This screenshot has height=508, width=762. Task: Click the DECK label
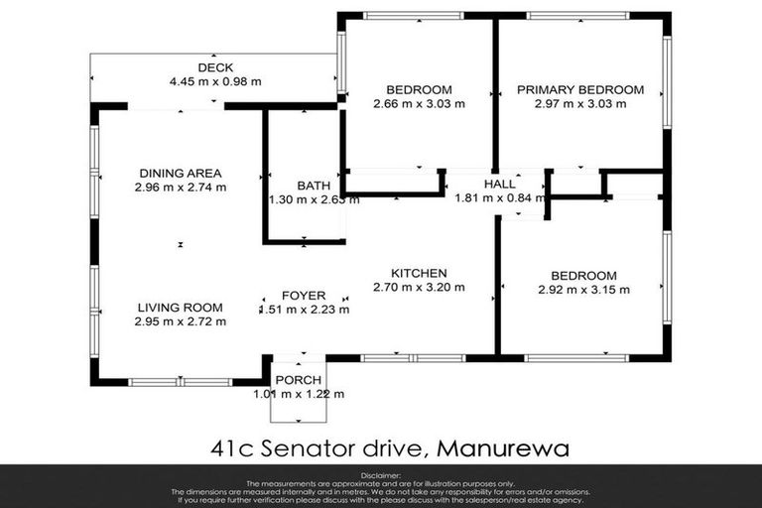click(x=215, y=67)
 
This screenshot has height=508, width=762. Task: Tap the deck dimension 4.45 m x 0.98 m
click(x=215, y=81)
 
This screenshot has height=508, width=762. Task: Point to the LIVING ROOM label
click(x=181, y=308)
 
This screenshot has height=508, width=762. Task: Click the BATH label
click(x=314, y=186)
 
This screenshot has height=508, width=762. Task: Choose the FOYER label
click(x=304, y=295)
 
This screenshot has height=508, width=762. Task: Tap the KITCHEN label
click(x=419, y=274)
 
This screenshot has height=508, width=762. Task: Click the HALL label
click(x=499, y=185)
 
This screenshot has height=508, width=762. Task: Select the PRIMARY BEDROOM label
click(x=580, y=89)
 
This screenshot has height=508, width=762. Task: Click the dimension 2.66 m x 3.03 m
click(x=419, y=103)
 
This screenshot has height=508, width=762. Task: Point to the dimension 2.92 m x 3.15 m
click(x=584, y=290)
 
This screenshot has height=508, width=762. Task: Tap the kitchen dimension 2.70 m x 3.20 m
click(x=419, y=288)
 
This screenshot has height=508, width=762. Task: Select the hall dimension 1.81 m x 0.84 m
click(x=500, y=197)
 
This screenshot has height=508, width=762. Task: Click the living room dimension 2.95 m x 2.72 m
click(x=181, y=321)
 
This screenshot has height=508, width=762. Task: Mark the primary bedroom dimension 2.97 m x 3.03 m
click(x=580, y=103)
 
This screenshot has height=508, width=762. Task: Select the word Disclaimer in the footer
click(x=380, y=476)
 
